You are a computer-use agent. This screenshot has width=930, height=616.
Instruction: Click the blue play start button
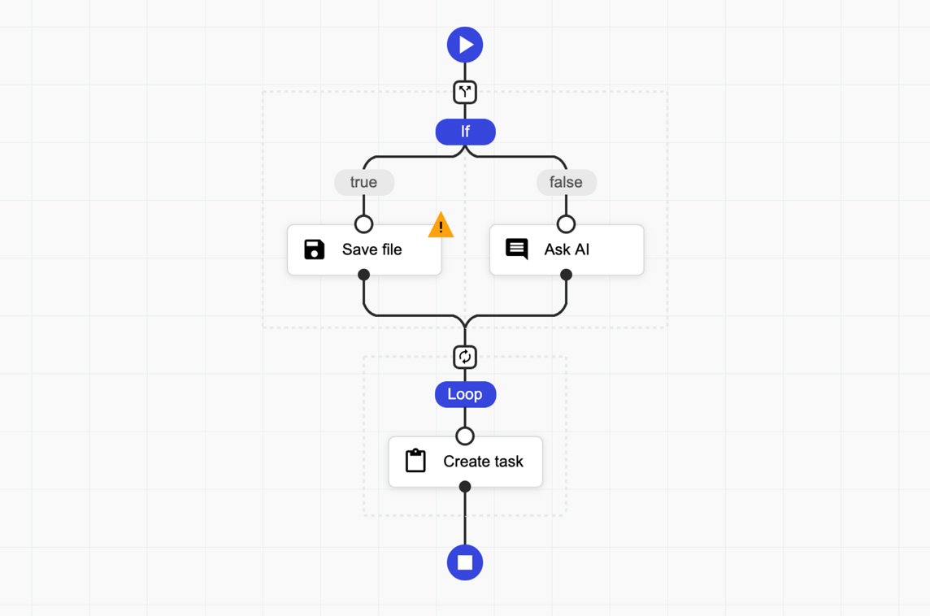pos(465,45)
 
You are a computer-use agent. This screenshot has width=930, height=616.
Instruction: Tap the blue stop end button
pos(465,562)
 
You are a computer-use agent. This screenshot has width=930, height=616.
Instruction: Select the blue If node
pos(466,132)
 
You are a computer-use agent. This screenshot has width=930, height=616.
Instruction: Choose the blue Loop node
pos(466,394)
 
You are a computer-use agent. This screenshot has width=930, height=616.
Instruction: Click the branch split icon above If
pos(465,92)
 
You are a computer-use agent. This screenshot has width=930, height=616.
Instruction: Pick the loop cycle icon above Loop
pos(465,357)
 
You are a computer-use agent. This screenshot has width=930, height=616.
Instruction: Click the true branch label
pos(364,182)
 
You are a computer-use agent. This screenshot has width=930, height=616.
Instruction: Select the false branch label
pos(567,182)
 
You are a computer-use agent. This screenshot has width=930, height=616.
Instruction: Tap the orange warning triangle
pos(441,224)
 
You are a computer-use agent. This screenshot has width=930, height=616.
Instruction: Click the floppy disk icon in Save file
pos(315,249)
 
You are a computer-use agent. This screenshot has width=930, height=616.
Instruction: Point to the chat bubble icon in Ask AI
pos(516,249)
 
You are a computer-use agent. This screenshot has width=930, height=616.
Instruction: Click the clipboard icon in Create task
pos(415,461)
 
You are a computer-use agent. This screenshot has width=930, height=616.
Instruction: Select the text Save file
pos(372,249)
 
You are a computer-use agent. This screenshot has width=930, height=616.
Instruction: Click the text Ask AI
pos(567,249)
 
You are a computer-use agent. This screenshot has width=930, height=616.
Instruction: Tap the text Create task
pos(484,462)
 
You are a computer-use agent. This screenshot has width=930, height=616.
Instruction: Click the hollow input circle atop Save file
pos(363,224)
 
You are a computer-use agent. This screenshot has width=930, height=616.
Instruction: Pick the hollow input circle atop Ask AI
pos(567,224)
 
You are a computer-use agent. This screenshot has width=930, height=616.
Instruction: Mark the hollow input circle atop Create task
pos(465,436)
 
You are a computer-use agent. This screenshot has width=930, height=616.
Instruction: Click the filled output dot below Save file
pos(364,275)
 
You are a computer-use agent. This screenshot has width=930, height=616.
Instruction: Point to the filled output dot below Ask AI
pos(567,275)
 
